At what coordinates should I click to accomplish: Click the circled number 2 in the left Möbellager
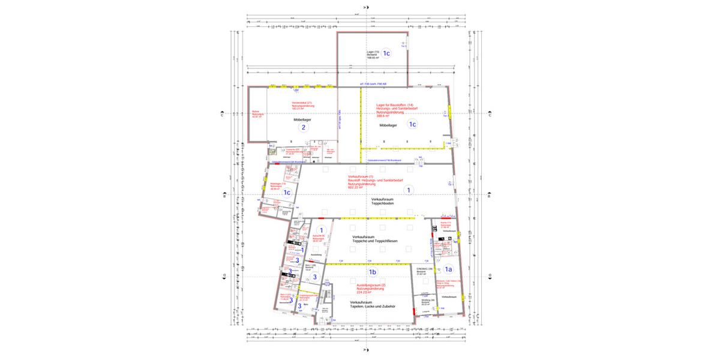304,127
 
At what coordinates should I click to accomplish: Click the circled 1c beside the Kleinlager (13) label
287,193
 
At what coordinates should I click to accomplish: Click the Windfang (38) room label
428,302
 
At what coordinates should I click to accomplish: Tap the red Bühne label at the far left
256,114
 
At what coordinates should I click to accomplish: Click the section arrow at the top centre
367,7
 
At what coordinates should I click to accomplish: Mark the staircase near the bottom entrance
326,296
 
